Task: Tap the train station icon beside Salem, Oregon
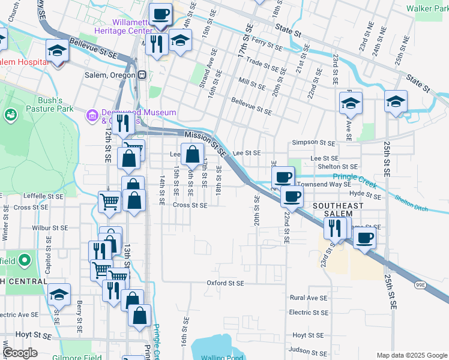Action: pyautogui.click(x=142, y=75)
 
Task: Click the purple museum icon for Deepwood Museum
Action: pyautogui.click(x=92, y=115)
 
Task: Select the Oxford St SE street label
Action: pyautogui.click(x=226, y=283)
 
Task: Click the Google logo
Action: pyautogui.click(x=20, y=353)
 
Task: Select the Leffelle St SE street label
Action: pyautogui.click(x=44, y=196)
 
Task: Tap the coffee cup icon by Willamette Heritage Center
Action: pyautogui.click(x=160, y=13)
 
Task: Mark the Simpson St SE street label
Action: pyautogui.click(x=313, y=143)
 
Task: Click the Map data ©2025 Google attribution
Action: pyautogui.click(x=411, y=355)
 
